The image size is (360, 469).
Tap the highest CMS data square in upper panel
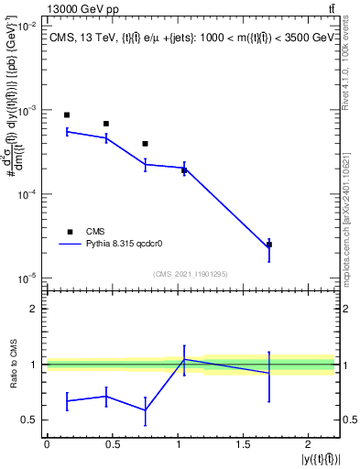[x=67, y=115]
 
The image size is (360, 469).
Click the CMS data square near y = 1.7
[x=269, y=245]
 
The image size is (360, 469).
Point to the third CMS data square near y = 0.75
[x=146, y=144]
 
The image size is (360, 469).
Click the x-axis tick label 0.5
[x=112, y=444]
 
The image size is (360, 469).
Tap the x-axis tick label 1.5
[x=243, y=444]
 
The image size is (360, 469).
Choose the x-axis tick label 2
[x=309, y=444]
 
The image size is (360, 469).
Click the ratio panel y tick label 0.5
[x=29, y=420]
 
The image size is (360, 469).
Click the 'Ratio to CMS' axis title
[x=11, y=364]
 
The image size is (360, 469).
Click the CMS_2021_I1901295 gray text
[x=190, y=273]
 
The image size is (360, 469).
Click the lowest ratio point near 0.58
[x=146, y=409]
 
